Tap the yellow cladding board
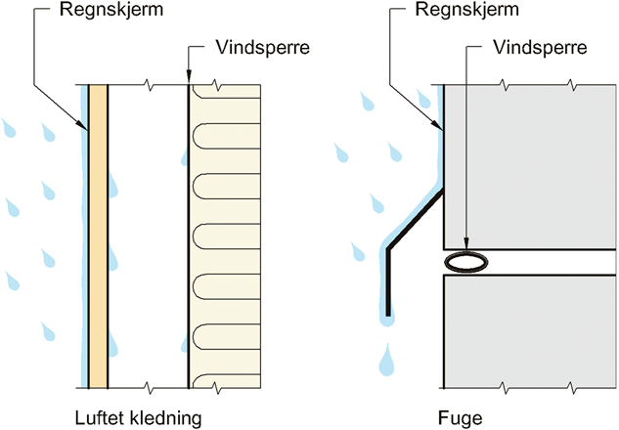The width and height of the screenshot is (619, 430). coord(98,235)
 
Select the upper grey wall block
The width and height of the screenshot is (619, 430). coord(528,166)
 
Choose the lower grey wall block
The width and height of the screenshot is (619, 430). coord(528,332)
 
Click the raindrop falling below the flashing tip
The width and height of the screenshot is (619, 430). coord(388,360)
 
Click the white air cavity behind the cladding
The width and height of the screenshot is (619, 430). coord(147,235)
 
